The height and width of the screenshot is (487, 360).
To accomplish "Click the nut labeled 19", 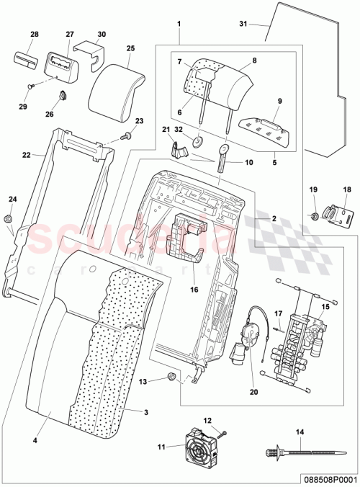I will pyautogui.click(x=315, y=215).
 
